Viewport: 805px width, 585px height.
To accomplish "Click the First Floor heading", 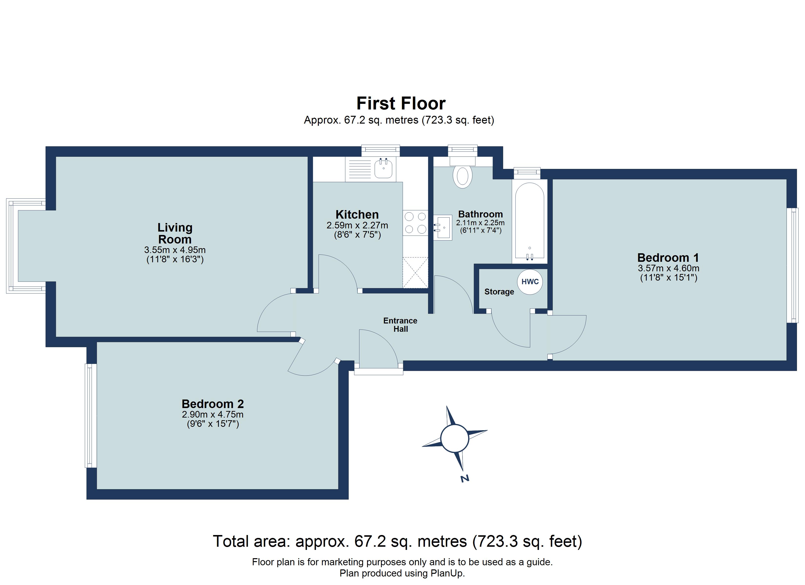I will pos(401,104).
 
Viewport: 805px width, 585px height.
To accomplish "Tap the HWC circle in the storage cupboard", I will pos(530,282).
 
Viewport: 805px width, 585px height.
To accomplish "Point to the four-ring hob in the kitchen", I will pos(415,223).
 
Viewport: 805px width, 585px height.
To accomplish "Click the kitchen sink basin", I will pos(383,169).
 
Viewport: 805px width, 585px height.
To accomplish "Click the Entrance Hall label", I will pos(400,325).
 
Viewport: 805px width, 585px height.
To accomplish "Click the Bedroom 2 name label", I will pos(213,404).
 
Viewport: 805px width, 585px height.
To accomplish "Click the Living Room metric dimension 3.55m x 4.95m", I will pos(175,250).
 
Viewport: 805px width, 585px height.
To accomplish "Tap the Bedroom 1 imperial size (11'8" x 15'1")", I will pos(668,278).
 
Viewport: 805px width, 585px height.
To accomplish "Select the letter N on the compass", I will pos(465,478).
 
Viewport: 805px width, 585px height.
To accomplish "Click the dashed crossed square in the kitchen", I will pos(415,273).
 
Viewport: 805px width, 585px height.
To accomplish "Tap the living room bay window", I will pos(12,246).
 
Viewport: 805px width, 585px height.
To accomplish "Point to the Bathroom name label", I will pos(480,214).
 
